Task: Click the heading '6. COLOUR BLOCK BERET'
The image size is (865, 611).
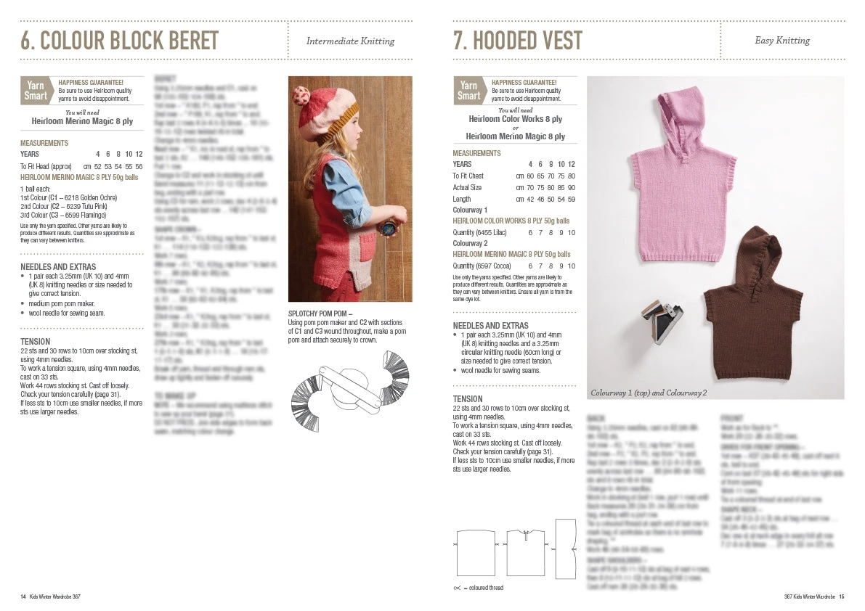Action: pyautogui.click(x=119, y=41)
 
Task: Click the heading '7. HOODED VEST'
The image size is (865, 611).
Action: pyautogui.click(x=517, y=41)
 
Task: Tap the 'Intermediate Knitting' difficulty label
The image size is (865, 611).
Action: pyautogui.click(x=350, y=41)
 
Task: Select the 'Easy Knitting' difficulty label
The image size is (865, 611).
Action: pyautogui.click(x=782, y=41)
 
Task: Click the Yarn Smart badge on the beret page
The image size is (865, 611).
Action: pyautogui.click(x=36, y=91)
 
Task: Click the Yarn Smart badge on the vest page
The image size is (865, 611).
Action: pyautogui.click(x=468, y=91)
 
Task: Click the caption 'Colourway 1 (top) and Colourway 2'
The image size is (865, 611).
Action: pyautogui.click(x=649, y=393)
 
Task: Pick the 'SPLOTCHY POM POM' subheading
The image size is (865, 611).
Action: pyautogui.click(x=320, y=314)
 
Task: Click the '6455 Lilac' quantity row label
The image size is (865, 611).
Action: pyautogui.click(x=479, y=232)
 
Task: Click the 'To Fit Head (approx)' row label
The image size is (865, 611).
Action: pyautogui.click(x=45, y=166)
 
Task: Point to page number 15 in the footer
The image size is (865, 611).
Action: pyautogui.click(x=841, y=596)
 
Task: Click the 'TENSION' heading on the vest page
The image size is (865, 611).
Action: pyautogui.click(x=468, y=398)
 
